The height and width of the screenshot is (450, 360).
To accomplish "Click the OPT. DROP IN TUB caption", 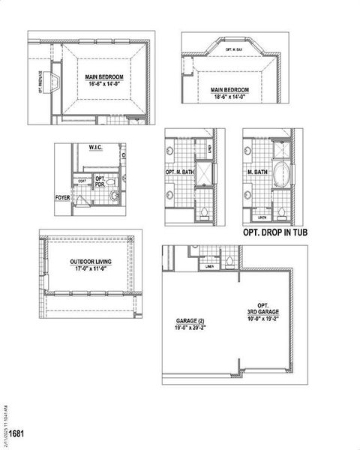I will (275, 233).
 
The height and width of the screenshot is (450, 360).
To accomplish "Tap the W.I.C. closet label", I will (95, 148).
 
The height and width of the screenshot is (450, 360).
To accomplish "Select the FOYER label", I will (62, 198).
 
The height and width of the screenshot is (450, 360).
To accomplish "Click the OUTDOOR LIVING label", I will (88, 262).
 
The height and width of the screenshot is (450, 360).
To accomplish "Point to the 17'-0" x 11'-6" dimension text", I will (88, 268).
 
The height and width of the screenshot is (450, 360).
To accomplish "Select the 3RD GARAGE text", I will (262, 311).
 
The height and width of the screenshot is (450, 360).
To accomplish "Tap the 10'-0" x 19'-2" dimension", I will (262, 318).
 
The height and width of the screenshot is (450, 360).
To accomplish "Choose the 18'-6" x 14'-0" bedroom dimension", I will (229, 97).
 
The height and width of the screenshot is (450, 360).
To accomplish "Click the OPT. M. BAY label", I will (235, 48).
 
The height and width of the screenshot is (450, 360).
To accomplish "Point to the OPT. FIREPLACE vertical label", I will (40, 79).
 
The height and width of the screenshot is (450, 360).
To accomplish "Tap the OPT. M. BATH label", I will (178, 172).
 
